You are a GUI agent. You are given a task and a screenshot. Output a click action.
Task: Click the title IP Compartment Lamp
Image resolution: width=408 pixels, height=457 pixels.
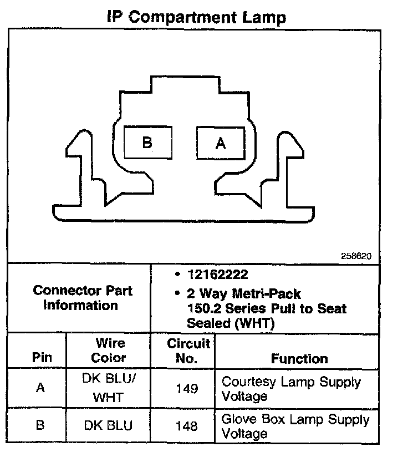click(x=196, y=17)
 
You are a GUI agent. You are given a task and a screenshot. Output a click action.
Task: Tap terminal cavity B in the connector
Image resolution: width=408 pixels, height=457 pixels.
click(x=146, y=143)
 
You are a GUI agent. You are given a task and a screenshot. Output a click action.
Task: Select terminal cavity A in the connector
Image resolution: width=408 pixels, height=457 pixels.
click(x=221, y=143)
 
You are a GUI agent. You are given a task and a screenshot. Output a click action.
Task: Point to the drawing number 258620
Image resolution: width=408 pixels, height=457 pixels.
click(x=356, y=256)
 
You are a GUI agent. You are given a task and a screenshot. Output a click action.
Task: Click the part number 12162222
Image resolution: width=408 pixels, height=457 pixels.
click(x=217, y=275)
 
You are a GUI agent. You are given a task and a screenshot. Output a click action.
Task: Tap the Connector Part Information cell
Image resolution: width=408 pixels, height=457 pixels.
click(x=83, y=298)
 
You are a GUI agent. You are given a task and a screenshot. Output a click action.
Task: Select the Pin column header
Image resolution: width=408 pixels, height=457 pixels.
click(x=36, y=358)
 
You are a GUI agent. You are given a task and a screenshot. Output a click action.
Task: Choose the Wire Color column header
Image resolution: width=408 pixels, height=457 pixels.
click(x=109, y=350)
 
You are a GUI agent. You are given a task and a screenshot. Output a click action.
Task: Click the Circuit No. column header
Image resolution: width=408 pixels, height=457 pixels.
click(x=188, y=350)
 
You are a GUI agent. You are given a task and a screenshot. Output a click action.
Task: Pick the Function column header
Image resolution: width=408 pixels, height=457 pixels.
click(x=299, y=358)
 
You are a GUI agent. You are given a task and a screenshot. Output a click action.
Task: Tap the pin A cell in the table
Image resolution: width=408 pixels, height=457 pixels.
click(x=40, y=388)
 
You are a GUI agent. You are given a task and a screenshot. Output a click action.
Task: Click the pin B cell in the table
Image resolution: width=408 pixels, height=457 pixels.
click(x=40, y=425)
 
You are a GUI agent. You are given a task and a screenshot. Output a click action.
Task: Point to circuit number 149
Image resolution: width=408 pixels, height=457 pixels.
click(x=186, y=388)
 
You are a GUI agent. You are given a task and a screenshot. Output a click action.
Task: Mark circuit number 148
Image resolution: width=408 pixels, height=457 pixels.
click(x=186, y=426)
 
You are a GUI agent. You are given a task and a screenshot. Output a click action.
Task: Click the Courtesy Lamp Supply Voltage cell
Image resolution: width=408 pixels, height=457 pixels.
click(x=291, y=389)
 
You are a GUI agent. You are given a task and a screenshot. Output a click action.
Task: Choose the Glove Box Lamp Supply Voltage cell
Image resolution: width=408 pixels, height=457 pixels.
click(x=295, y=426)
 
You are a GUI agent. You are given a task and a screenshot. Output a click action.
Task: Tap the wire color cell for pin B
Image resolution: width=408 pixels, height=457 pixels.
click(x=109, y=426)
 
